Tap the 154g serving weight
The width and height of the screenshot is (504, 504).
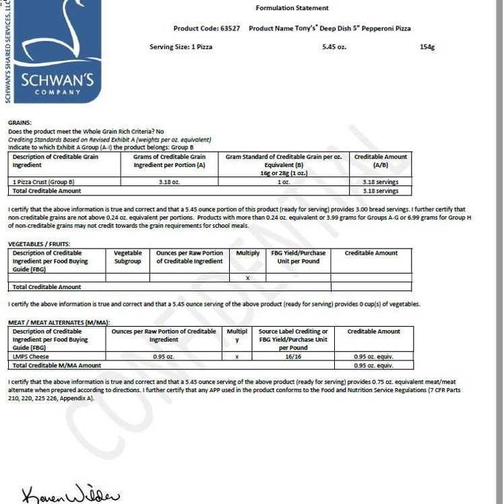(x=427, y=47)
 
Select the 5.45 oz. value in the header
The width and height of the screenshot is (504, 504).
(x=335, y=47)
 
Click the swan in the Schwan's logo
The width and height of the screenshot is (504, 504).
(x=54, y=34)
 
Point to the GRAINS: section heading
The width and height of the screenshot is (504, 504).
(x=20, y=123)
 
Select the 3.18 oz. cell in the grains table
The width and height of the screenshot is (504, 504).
(x=169, y=182)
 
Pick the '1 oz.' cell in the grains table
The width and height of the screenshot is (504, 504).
(x=283, y=182)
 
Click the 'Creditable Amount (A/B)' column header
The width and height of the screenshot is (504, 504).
(x=381, y=160)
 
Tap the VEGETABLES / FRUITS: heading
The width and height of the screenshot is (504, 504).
(x=39, y=244)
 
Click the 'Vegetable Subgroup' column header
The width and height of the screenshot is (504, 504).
(x=128, y=257)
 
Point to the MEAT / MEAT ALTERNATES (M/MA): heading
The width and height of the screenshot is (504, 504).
(x=59, y=323)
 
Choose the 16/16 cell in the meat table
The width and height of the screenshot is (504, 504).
(x=293, y=356)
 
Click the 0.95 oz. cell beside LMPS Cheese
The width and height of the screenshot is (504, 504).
(x=159, y=356)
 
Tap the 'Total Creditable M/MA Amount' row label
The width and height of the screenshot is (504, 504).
(x=57, y=365)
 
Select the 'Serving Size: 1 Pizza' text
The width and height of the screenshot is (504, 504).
(x=181, y=47)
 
